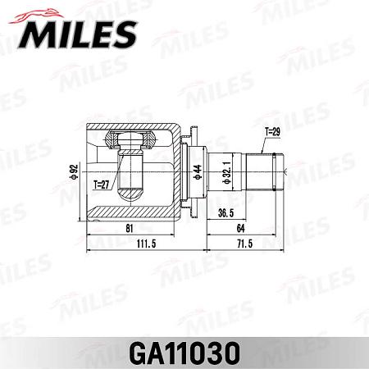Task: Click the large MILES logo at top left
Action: click(x=76, y=34)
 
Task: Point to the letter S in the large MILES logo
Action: click(x=120, y=35)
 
